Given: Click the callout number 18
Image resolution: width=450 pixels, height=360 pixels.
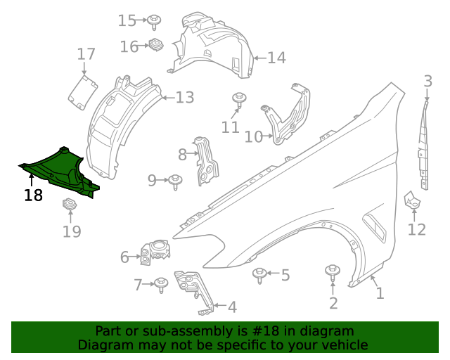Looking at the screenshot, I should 33,195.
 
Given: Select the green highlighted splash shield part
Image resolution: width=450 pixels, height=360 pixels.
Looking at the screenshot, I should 60,169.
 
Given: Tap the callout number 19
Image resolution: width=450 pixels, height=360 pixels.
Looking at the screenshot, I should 72,231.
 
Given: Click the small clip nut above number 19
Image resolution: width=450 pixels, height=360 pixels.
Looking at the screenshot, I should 70,205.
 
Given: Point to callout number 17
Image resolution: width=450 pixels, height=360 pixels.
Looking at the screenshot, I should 86,54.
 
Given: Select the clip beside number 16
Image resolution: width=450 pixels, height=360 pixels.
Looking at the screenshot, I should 156,46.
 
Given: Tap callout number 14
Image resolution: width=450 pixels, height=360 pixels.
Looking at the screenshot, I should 276,58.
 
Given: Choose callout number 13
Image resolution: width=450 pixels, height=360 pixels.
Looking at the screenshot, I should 184,98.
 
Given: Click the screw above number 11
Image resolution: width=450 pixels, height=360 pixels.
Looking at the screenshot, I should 239,98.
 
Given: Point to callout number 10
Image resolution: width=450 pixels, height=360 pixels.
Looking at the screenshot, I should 253,136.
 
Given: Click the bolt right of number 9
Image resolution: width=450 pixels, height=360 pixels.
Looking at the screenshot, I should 175,181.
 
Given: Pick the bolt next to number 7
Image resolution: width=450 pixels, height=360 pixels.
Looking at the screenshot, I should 162,284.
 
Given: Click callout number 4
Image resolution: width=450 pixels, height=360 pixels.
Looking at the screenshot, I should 232,307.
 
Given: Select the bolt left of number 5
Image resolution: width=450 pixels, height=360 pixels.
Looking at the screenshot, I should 260,274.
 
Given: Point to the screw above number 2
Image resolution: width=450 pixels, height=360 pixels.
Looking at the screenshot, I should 332,272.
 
